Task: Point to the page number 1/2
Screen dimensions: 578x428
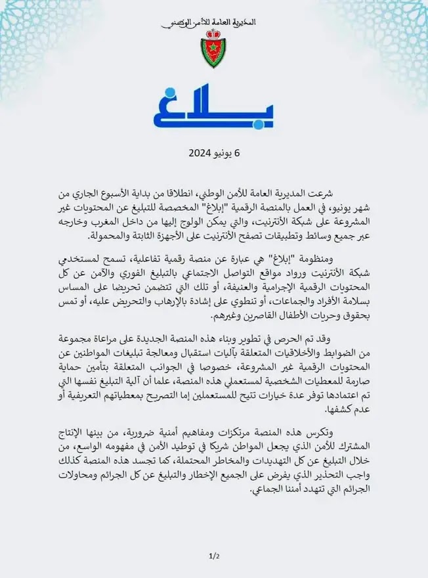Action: [213, 556]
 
